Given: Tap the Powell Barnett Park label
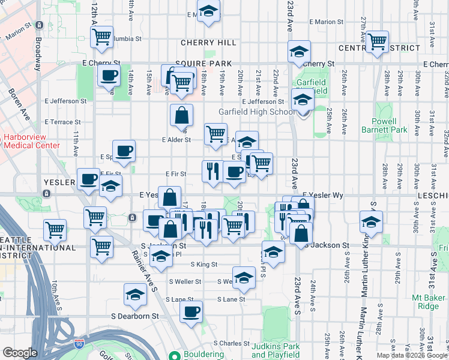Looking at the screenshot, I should [x=384, y=125].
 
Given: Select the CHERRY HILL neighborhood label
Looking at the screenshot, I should [x=200, y=43].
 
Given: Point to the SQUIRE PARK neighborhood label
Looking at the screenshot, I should [x=195, y=63].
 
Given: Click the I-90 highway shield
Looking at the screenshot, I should [x=79, y=344].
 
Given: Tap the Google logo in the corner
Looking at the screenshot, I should [x=20, y=353].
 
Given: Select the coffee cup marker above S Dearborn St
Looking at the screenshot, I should [x=191, y=312].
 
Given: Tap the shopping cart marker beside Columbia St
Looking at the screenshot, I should [x=102, y=37].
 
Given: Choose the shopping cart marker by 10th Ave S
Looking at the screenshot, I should [x=55, y=229].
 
